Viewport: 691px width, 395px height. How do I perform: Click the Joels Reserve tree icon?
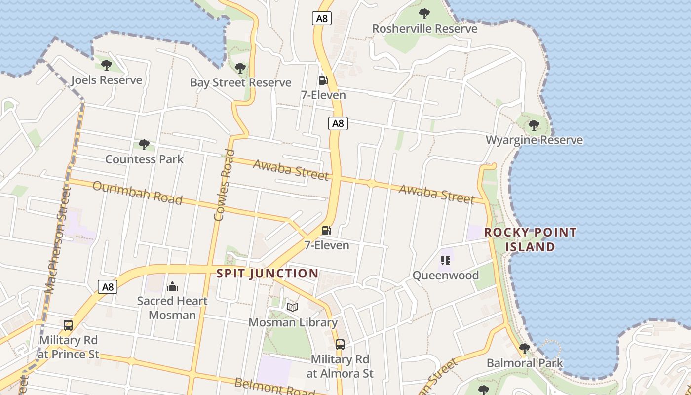coord(106,65)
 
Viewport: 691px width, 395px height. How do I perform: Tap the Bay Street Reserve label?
coord(240,82)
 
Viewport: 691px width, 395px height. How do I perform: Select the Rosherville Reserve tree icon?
coord(424,14)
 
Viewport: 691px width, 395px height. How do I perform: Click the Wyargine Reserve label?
coord(534,140)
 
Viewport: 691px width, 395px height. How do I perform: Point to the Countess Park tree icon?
coord(144,145)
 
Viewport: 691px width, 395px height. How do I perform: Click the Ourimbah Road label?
coord(137,193)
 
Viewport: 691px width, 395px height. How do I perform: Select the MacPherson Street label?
coord(58,240)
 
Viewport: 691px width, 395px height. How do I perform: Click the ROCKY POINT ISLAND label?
coord(530,239)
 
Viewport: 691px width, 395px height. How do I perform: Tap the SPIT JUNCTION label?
coord(268,273)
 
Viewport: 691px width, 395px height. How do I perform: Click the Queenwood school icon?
coord(446,260)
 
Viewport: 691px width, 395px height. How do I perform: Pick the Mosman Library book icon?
coord(293,308)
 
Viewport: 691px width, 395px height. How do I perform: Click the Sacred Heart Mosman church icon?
coord(172,286)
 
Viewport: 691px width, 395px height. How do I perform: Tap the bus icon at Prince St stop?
coord(68,325)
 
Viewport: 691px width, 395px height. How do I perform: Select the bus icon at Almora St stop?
coord(340,344)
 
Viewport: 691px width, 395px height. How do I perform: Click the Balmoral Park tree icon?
coord(524,349)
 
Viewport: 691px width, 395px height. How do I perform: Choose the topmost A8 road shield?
coord(321,19)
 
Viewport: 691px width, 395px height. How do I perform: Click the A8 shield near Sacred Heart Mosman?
coord(107,287)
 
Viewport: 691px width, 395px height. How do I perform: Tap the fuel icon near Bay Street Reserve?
coord(323,80)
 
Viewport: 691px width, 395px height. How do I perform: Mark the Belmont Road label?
coord(274,386)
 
